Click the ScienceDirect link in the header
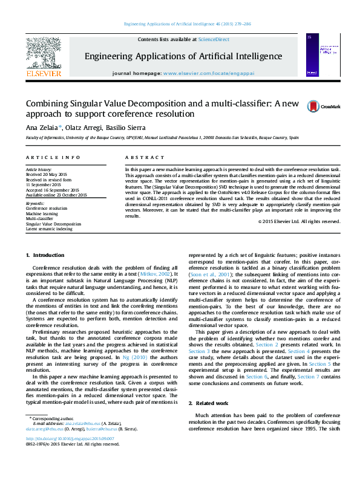(214, 39)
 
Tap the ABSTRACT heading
(136, 157)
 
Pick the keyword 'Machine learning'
(42, 214)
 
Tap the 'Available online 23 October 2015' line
(56, 195)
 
